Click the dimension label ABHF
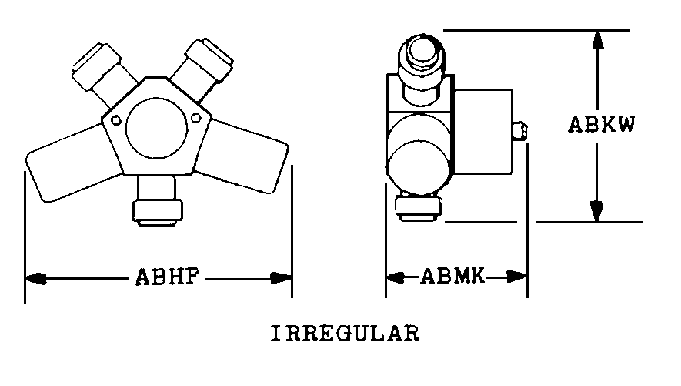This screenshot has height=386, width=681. [168, 277]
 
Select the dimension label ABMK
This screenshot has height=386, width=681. [452, 276]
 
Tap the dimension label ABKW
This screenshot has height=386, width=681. [602, 124]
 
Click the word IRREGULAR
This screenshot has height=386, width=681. [346, 334]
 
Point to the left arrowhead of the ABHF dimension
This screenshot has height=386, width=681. [35, 278]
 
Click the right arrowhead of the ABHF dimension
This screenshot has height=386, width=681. [281, 278]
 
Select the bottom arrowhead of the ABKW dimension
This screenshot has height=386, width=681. [597, 211]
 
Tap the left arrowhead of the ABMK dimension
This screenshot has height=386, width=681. [395, 277]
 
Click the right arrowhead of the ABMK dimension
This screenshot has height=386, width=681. [517, 276]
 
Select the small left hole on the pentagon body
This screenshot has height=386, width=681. [116, 120]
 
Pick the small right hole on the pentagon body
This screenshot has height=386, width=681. [196, 118]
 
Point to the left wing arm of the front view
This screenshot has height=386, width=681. [72, 163]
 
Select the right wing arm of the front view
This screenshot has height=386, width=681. [245, 156]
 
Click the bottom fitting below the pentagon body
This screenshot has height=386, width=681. [157, 201]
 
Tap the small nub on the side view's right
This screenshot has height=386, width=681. [520, 131]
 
